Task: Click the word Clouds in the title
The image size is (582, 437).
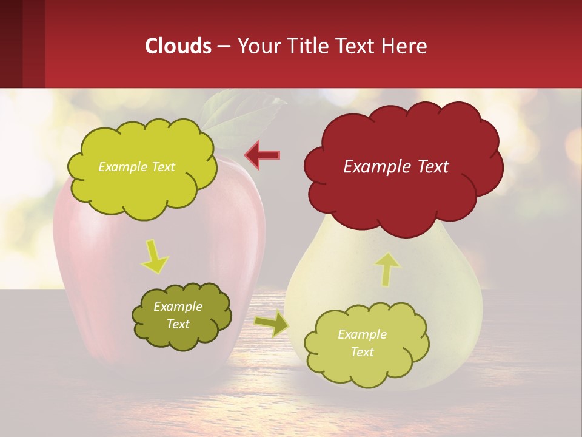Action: [x=178, y=46]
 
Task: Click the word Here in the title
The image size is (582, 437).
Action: [x=406, y=46]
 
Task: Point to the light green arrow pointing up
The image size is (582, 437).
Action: [x=387, y=269]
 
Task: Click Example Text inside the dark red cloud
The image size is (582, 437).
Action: [x=396, y=167]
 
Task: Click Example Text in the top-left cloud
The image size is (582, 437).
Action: [x=136, y=167]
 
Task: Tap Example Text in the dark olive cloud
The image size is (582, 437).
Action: [x=178, y=316]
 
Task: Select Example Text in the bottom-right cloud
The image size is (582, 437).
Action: [x=362, y=343]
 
